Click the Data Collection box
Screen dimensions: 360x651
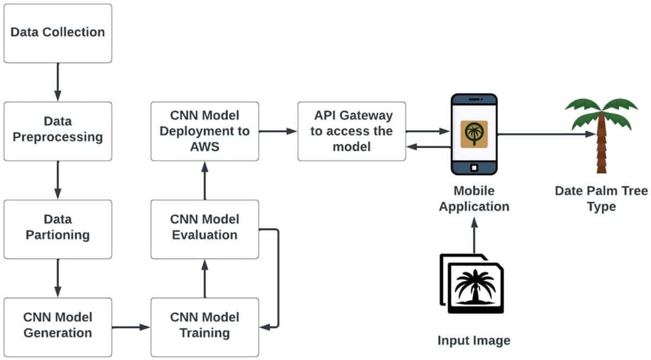58,33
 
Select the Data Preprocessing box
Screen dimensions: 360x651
58,131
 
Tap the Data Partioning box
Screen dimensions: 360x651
58,228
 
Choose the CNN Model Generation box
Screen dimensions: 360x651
58,326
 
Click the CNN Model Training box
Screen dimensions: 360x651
205,326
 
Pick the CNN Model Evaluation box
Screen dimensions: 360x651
205,228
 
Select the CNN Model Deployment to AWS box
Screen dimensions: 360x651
205,131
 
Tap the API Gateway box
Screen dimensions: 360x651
352,131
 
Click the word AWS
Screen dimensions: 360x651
205,146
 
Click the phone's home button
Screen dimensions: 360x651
474,167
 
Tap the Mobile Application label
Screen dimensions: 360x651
474,198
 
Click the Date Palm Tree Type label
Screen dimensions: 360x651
601,198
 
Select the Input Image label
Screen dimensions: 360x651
474,340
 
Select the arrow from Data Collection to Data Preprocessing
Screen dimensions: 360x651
58,82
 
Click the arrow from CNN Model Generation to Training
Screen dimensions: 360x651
131,327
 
